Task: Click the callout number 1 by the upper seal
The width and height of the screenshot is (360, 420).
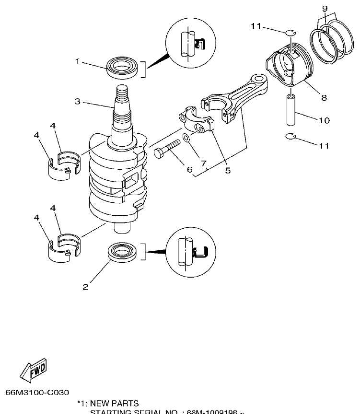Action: tap(77, 61)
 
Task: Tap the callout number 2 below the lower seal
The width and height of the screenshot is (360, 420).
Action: tap(85, 287)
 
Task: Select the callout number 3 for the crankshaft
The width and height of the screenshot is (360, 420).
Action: tap(77, 102)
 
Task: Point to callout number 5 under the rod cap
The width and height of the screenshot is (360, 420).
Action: tap(228, 170)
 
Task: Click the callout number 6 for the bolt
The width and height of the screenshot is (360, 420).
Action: tap(189, 169)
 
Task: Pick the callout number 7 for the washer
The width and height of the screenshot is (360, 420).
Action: tap(204, 163)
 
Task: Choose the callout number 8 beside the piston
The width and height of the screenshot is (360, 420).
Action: tap(324, 97)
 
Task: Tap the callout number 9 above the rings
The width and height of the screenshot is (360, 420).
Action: tap(325, 9)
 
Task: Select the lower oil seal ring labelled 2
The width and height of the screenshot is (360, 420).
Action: tap(122, 253)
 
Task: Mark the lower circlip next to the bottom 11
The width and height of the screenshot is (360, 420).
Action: tap(290, 138)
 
